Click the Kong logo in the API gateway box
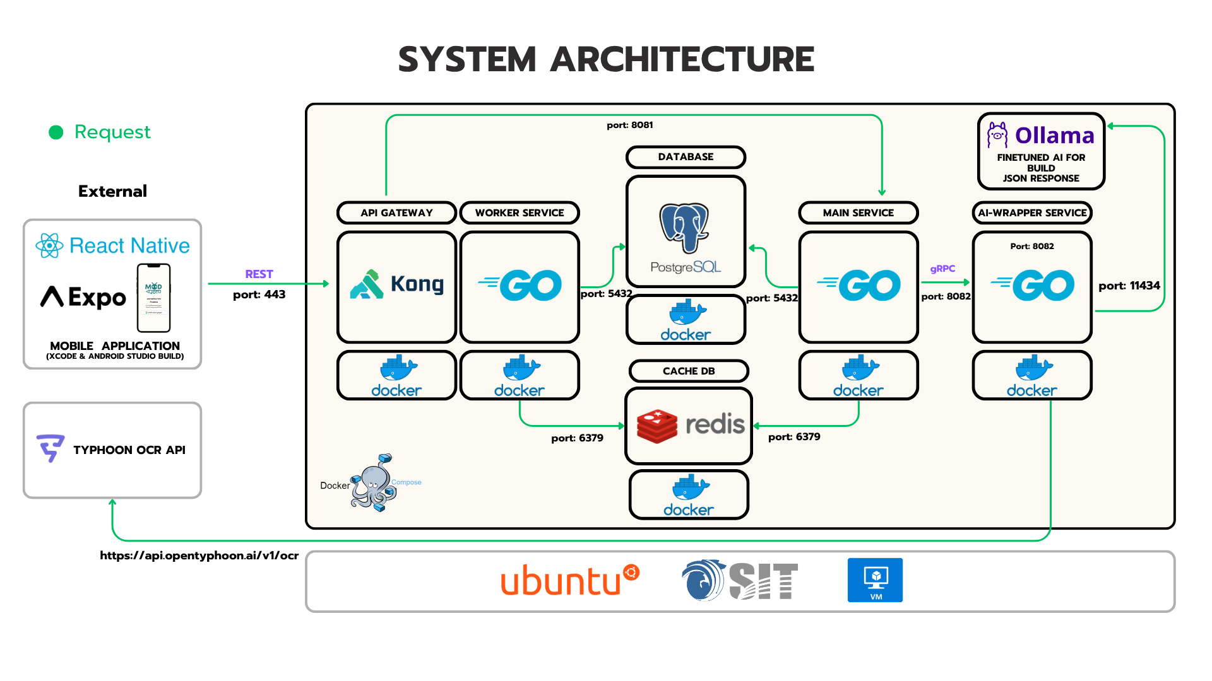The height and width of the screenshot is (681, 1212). pos(396,285)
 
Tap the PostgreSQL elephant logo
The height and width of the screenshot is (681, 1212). pos(684,227)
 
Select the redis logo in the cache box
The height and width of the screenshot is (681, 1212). pos(689,425)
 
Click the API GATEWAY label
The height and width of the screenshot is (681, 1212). pos(396,213)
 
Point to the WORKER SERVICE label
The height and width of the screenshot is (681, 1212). pos(520,213)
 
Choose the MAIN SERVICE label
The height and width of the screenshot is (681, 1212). pos(858,213)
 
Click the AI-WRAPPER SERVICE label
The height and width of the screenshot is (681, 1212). pos(1032,213)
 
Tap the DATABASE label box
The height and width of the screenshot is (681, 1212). pos(686,157)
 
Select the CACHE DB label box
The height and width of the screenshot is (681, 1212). pos(689,371)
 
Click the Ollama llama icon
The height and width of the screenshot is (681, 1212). pos(997,135)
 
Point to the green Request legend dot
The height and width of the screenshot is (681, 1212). pos(56,132)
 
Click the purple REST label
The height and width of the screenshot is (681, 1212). pos(259,274)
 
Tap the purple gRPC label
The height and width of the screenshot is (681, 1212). pos(942,269)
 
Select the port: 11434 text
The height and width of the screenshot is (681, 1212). pos(1129,286)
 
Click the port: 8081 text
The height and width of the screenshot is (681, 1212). pos(629,125)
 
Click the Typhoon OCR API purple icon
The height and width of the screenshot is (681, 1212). pos(50,448)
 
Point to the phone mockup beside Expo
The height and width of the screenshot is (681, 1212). pos(154,298)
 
